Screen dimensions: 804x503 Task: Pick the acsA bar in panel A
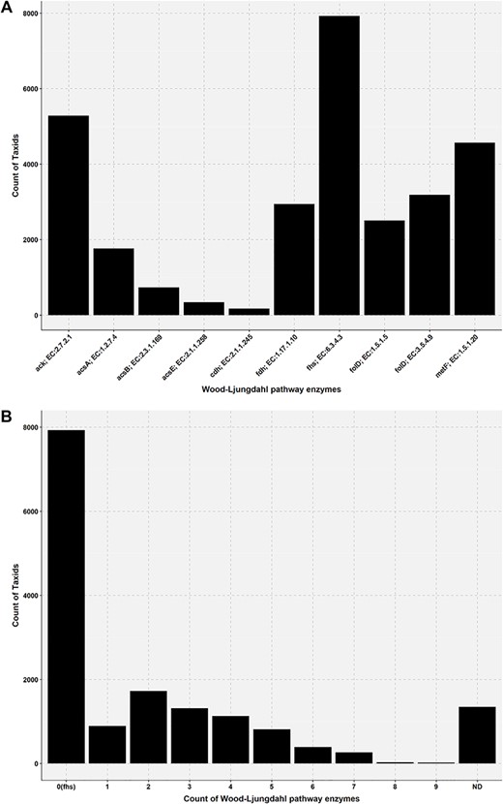coord(113,281)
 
